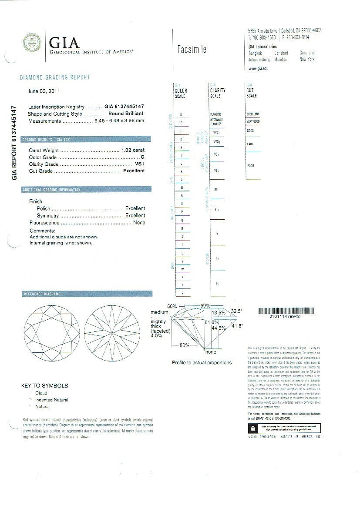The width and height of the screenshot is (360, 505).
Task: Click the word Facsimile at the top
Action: point(192,49)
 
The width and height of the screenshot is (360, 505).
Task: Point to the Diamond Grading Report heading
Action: point(55,77)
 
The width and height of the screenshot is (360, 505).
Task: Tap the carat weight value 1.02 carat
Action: point(133,150)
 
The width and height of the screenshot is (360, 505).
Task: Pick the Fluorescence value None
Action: point(139,223)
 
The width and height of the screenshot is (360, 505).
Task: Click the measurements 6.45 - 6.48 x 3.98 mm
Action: point(119,121)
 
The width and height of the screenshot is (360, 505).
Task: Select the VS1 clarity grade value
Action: point(139,164)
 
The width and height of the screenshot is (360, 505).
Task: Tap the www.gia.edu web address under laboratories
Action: point(258,69)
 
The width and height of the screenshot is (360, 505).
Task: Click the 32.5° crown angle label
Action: point(236,311)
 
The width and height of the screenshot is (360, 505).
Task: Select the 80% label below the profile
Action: point(184,345)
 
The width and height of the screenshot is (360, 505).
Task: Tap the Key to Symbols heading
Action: point(44,385)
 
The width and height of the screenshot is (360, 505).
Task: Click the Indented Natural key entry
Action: point(52,400)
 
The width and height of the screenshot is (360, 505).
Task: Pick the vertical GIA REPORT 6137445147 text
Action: point(14,142)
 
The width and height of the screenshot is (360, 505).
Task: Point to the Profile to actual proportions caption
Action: point(202,362)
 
